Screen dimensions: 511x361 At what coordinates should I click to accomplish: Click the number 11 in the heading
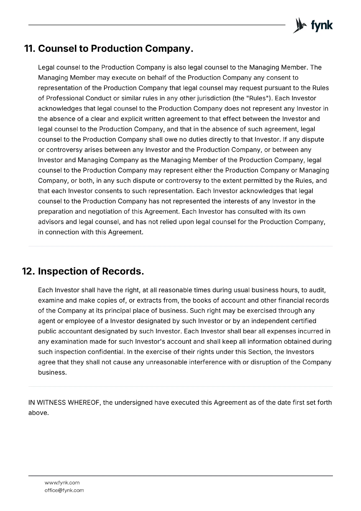[30, 49]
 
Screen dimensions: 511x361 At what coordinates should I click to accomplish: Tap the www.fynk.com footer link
[62, 483]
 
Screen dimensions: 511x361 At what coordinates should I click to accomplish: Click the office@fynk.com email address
[64, 490]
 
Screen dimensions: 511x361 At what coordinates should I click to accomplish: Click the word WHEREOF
[84, 402]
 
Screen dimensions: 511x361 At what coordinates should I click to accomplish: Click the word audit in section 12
[317, 290]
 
